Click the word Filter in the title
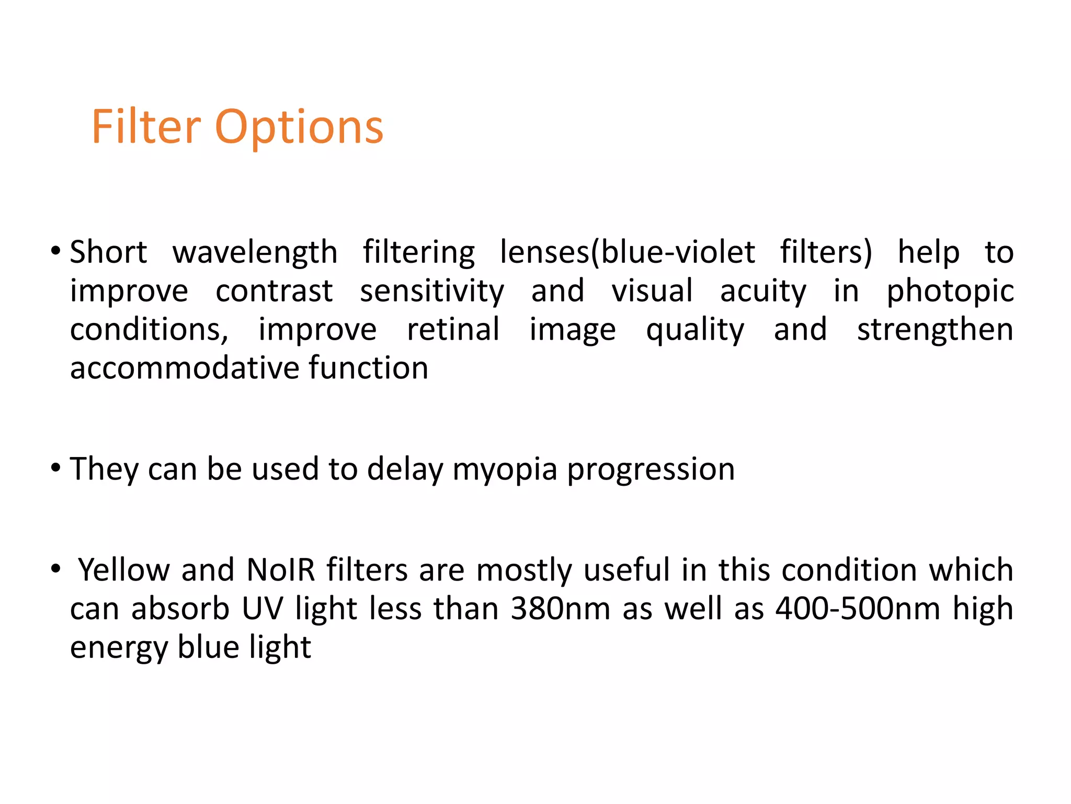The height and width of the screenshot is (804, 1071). [146, 127]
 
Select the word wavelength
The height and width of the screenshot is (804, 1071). [255, 253]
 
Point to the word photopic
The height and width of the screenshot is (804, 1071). [950, 292]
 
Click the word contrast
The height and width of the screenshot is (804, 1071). [274, 291]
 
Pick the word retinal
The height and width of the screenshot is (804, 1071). [453, 330]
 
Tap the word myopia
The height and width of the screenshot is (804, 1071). [505, 470]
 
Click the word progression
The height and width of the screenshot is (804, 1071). [651, 470]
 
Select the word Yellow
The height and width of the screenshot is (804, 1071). [124, 570]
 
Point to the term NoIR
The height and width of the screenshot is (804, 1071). [281, 570]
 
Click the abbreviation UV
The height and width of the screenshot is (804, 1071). [263, 609]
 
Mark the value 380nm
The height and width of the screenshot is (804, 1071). [561, 609]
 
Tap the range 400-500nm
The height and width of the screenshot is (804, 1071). [858, 609]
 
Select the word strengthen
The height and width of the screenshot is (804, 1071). [935, 330]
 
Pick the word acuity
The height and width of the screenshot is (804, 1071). [763, 291]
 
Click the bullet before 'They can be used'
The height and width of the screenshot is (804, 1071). [56, 467]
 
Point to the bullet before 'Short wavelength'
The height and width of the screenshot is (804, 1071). [56, 251]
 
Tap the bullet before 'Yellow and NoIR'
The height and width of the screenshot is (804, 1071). [56, 568]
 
